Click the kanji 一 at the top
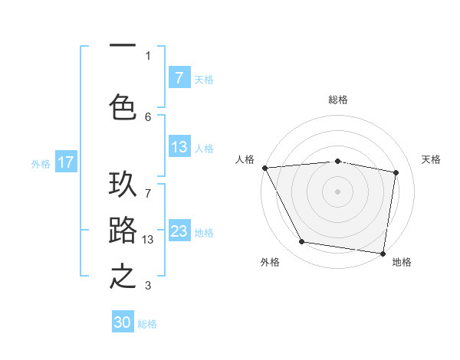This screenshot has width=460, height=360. [x=123, y=47]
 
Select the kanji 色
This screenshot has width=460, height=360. [x=123, y=106]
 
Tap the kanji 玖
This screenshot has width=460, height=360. [x=123, y=185]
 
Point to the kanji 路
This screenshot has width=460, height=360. [x=123, y=231]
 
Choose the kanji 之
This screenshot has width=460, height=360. [x=123, y=277]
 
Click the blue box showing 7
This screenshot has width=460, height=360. [x=179, y=77]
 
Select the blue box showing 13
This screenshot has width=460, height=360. [x=179, y=148]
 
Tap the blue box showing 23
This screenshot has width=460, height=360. [x=179, y=231]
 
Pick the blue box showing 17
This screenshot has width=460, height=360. [x=66, y=162]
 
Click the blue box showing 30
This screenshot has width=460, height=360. [x=123, y=322]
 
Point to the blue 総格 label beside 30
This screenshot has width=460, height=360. [x=147, y=323]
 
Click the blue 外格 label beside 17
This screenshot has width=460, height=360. [x=40, y=163]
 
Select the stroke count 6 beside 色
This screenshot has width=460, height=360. [x=148, y=116]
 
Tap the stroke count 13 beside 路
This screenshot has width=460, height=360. [x=149, y=240]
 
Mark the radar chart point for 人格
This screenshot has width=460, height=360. [x=264, y=168]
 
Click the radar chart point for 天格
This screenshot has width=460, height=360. [x=396, y=173]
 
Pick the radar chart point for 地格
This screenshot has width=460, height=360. [x=383, y=253]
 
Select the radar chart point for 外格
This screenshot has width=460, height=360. [x=302, y=242]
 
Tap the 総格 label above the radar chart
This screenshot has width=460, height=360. [x=338, y=100]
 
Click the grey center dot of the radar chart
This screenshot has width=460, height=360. [x=338, y=191]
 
